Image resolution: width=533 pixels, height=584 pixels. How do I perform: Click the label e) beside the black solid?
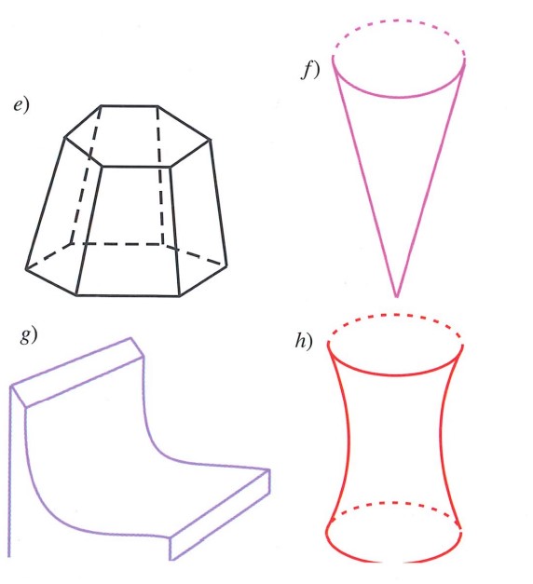(21, 105)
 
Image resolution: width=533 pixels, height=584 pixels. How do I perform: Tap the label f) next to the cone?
(310, 70)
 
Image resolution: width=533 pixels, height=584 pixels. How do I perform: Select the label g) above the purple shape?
(29, 335)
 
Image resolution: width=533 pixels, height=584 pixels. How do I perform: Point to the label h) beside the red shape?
(304, 341)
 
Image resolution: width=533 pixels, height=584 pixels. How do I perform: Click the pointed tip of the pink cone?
(397, 297)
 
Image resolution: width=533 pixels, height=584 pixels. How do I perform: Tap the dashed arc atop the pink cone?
(399, 21)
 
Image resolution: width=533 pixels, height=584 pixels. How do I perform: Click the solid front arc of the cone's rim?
(399, 97)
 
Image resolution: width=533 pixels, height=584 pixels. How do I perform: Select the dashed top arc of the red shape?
(395, 316)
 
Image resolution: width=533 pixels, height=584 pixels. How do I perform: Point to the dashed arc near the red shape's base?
(395, 503)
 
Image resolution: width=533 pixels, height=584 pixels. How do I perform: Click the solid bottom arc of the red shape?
(393, 562)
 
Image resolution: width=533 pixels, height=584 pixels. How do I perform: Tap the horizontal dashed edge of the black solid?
(116, 244)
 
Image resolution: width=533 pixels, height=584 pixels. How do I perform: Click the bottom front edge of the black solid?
(128, 296)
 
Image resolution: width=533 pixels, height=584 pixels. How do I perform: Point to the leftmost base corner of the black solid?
(26, 268)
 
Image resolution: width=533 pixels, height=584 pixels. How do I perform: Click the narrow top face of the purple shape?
(77, 372)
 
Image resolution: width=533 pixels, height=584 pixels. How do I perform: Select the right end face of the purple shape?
(220, 514)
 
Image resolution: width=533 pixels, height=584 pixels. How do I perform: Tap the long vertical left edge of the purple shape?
(9, 471)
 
